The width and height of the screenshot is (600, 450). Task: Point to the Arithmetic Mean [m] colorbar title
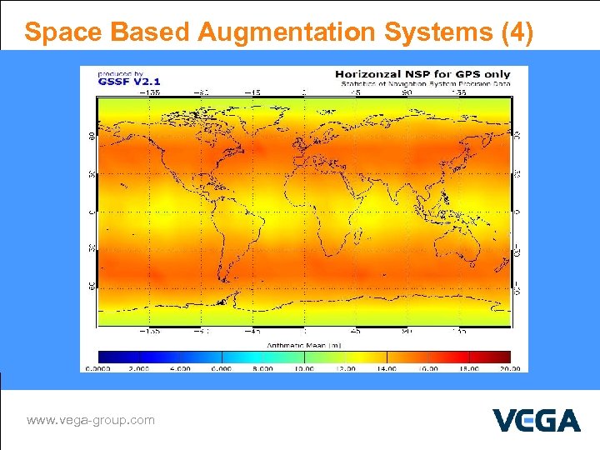click(303, 344)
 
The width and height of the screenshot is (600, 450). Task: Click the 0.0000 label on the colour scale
click(98, 367)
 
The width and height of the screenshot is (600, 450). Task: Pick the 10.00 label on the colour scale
click(302, 367)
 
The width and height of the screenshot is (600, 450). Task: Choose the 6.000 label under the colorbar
click(221, 367)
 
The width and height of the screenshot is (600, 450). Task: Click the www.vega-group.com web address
click(90, 420)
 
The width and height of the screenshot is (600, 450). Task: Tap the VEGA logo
click(536, 420)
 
